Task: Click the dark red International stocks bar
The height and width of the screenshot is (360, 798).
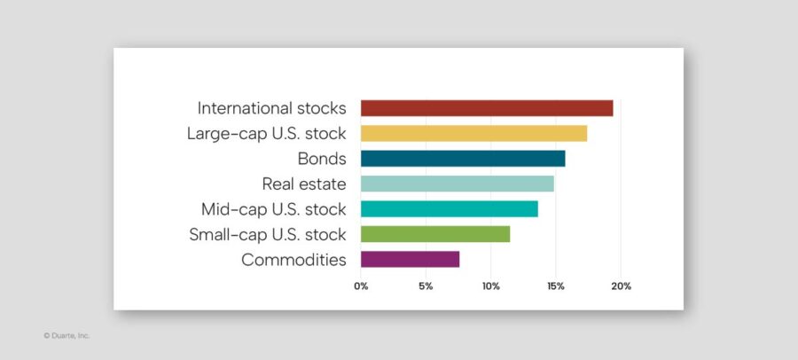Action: (487, 108)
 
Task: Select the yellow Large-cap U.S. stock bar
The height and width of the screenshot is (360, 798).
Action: (473, 134)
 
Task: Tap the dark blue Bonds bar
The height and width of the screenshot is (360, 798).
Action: (463, 159)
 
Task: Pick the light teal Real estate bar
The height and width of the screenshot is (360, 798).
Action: (458, 184)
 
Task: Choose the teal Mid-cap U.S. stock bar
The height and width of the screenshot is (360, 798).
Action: (450, 209)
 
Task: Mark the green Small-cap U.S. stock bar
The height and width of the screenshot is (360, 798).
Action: (435, 234)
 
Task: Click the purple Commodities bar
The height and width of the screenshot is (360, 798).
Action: (411, 259)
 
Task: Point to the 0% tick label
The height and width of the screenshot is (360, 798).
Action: (361, 286)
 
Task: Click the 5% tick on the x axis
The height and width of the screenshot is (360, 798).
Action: (426, 286)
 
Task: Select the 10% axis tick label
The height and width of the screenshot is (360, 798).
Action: (490, 286)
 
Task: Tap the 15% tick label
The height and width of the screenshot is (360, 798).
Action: (555, 286)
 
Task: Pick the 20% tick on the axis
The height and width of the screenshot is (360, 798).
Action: (621, 286)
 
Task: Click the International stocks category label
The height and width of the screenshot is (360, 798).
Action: (271, 108)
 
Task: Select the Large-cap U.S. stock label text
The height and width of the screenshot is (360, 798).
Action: (266, 134)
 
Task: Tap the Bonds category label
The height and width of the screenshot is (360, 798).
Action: (321, 159)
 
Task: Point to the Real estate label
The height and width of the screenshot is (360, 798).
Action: (303, 184)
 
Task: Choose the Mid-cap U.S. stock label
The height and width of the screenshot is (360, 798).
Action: (273, 209)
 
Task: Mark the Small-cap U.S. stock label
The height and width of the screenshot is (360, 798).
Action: (267, 235)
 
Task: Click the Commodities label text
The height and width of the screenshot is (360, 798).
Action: (293, 260)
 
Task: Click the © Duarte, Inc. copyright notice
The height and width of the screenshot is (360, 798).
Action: (66, 336)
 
